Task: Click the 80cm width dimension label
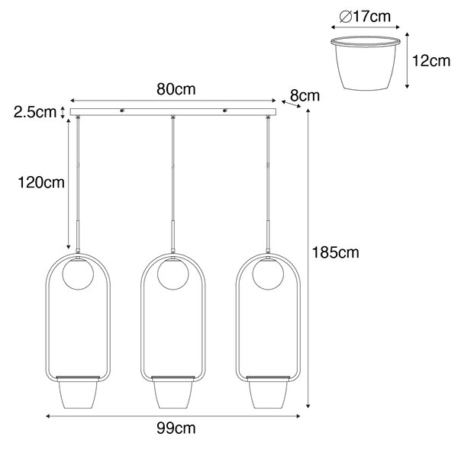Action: pos(176,89)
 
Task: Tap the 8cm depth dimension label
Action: pos(305,96)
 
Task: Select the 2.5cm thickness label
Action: pos(35,112)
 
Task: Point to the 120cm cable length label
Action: pos(41,183)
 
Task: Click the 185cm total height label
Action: pos(336,252)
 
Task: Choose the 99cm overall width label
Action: pos(176,428)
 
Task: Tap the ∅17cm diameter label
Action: pos(365,17)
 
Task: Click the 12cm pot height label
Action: pos(431,61)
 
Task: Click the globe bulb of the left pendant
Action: pos(78,274)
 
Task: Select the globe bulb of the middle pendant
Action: pos(173,274)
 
